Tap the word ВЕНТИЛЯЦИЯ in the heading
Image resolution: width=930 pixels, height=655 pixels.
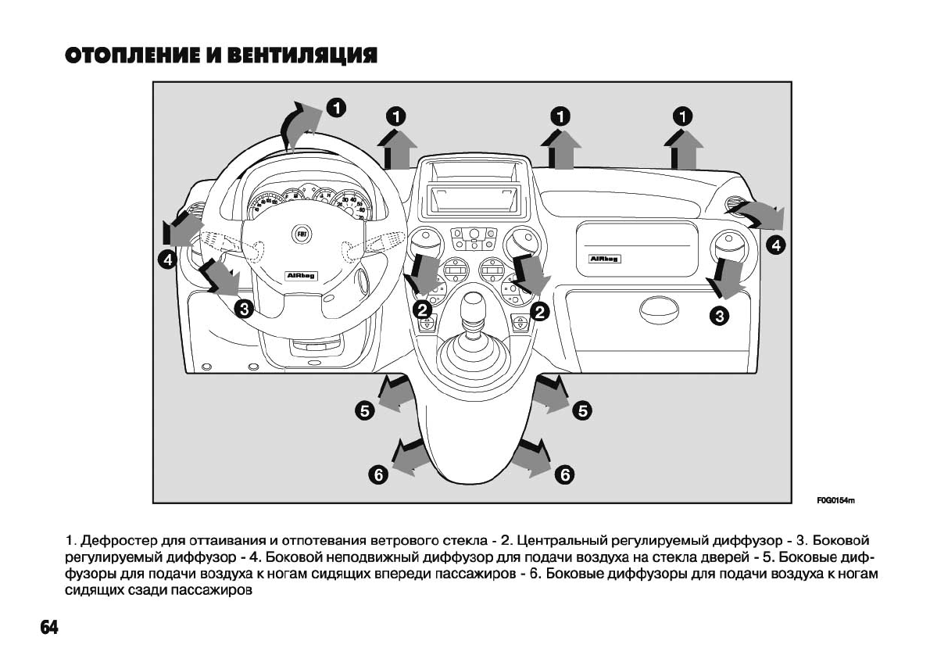(x=302, y=55)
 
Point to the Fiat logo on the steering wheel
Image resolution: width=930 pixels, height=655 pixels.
(x=300, y=233)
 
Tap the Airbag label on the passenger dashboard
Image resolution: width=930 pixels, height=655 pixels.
(x=604, y=259)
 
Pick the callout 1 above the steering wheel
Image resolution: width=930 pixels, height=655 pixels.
(x=336, y=107)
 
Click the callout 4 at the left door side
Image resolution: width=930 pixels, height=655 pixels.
(x=168, y=260)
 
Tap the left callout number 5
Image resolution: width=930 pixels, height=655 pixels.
(x=364, y=410)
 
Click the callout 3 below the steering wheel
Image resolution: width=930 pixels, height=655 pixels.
(x=243, y=309)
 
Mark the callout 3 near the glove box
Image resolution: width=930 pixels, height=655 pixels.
(x=719, y=316)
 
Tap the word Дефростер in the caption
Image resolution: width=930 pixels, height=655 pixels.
(x=115, y=540)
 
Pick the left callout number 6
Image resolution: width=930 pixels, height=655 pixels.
(x=378, y=474)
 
